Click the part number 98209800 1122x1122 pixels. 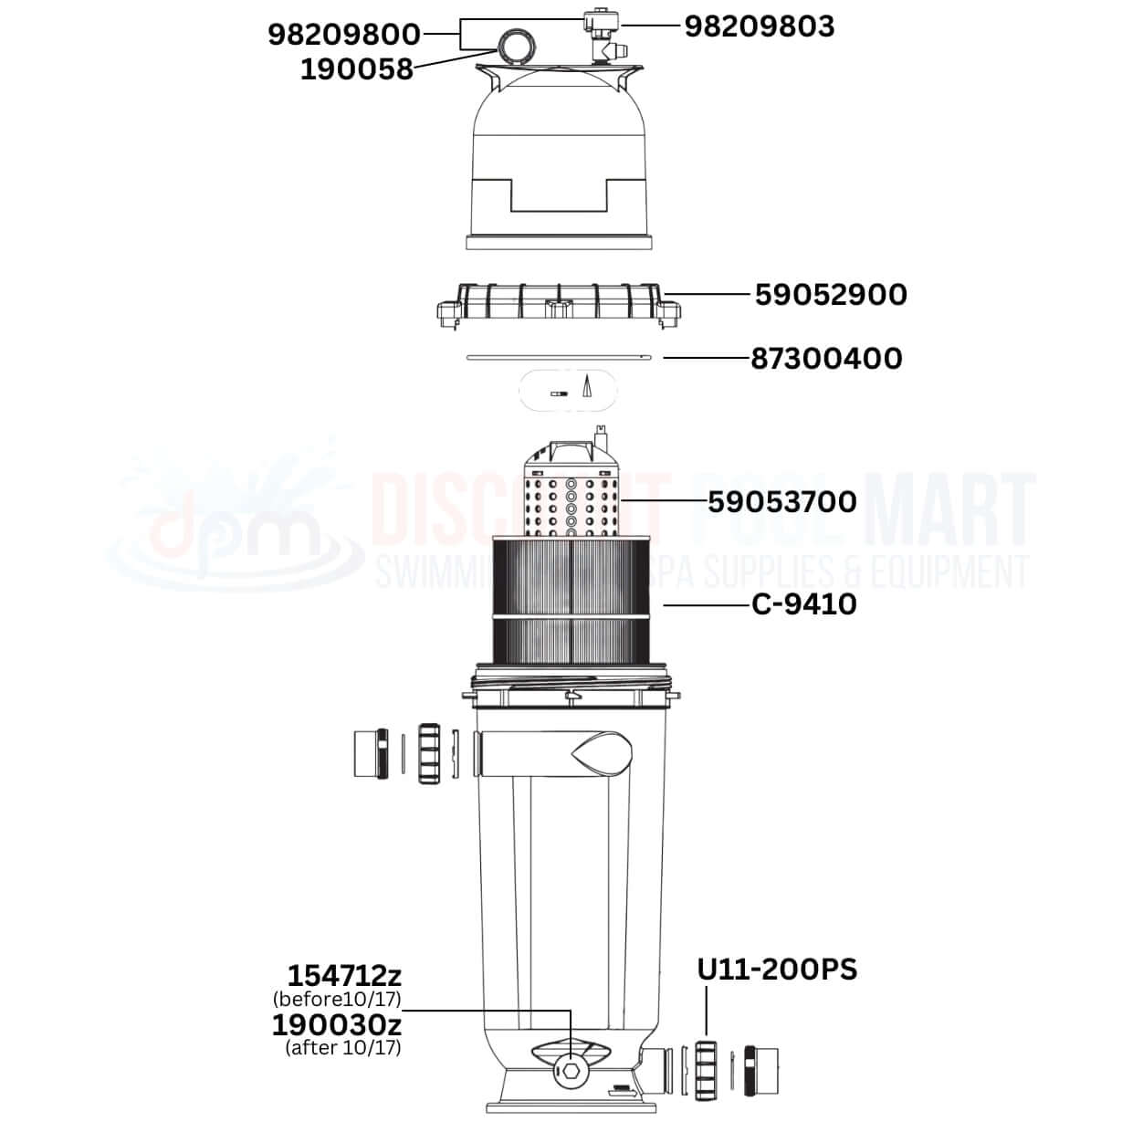tap(343, 35)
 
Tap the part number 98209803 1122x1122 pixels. tap(760, 26)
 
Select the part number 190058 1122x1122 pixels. tap(357, 69)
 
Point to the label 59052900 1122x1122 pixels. tap(831, 295)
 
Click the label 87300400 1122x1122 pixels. tap(827, 359)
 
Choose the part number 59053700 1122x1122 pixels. tap(782, 502)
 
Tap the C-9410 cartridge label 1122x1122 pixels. tap(804, 604)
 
